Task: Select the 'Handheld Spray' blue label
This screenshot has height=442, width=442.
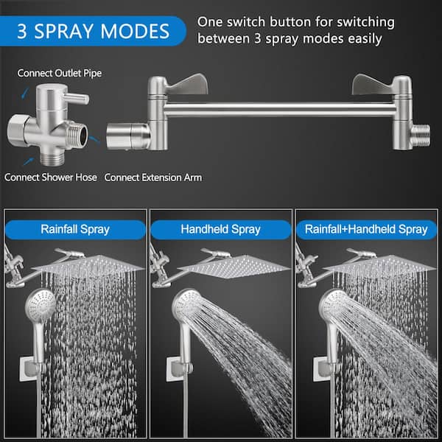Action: [220, 229]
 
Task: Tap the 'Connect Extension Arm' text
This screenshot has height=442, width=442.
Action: [152, 178]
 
